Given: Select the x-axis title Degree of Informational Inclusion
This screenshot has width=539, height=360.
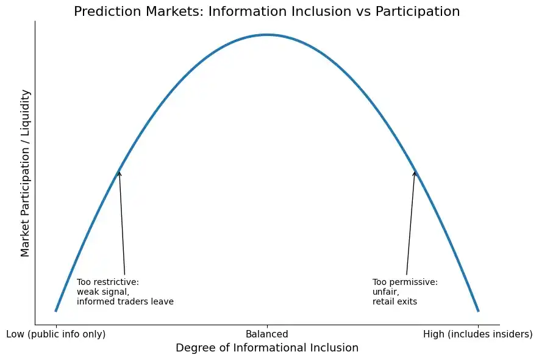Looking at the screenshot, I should tap(266, 348).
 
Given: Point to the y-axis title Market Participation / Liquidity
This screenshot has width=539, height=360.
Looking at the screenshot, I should tap(25, 173).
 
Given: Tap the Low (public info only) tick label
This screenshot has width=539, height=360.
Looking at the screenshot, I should tap(55, 334).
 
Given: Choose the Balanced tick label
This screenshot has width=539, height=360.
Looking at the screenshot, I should tap(267, 334).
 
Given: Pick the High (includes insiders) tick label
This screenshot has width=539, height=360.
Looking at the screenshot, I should tap(478, 334).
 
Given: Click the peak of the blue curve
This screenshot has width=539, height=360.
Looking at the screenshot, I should tap(267, 35).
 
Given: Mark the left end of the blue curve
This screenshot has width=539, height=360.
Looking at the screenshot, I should tap(55, 311).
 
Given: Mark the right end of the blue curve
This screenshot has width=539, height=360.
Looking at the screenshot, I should tap(479, 311).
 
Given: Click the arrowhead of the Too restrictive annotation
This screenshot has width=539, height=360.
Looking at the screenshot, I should tap(119, 172).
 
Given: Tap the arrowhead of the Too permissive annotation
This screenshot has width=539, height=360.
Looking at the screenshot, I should tap(415, 172).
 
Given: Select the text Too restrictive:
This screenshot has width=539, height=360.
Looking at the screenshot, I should tap(108, 282).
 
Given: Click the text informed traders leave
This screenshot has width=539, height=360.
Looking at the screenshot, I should tap(125, 301).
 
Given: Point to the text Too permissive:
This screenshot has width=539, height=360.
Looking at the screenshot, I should tap(405, 282).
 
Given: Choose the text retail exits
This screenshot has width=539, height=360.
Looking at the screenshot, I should tap(394, 301).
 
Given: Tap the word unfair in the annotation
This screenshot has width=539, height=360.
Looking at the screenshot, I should tap(385, 292).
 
